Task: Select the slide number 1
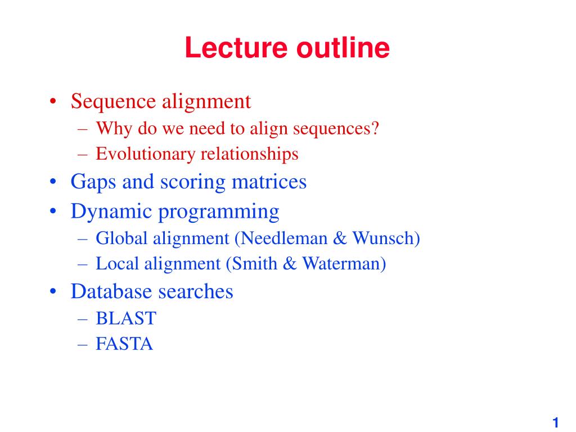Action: (x=555, y=422)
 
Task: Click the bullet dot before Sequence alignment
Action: (x=53, y=101)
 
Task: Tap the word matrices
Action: (x=269, y=182)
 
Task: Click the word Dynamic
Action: (x=111, y=212)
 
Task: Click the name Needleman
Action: (x=284, y=238)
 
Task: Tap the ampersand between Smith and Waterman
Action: (x=290, y=263)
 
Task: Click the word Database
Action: (x=111, y=291)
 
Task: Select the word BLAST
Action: (x=126, y=318)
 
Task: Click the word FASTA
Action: (x=124, y=344)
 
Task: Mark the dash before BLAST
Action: (x=83, y=319)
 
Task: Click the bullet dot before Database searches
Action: (x=53, y=292)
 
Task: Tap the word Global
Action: (x=121, y=238)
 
